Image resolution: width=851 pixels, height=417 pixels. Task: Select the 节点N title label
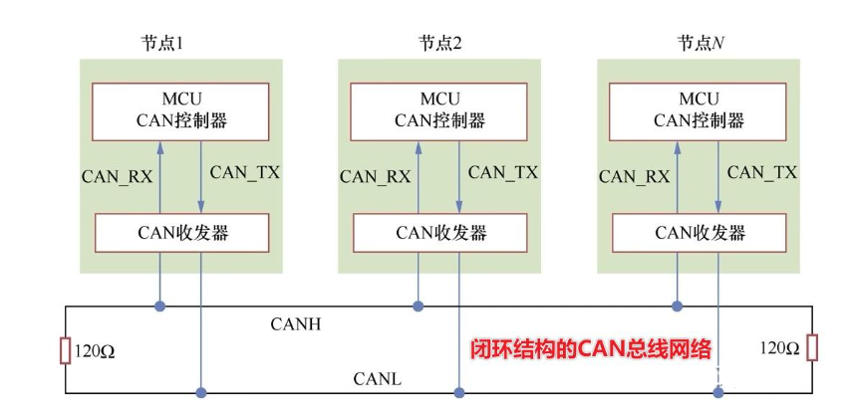(698, 43)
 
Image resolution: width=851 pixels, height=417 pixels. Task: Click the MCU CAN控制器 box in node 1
(180, 110)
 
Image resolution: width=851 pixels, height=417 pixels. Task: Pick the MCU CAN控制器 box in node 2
(439, 110)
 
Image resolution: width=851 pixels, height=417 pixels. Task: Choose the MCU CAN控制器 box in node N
(698, 110)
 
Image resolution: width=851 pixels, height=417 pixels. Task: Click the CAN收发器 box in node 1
(180, 233)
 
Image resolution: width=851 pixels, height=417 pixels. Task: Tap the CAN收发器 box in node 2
(439, 233)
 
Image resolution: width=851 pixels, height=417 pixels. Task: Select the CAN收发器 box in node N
(698, 233)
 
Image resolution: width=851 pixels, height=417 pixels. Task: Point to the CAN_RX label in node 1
(117, 176)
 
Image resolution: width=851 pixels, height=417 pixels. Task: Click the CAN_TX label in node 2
(502, 172)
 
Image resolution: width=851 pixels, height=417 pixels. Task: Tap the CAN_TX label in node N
(761, 172)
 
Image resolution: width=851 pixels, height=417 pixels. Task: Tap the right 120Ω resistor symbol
(812, 348)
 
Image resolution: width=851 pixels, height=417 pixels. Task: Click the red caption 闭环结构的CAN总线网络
(590, 349)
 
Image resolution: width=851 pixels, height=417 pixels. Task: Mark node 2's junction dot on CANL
(458, 392)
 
